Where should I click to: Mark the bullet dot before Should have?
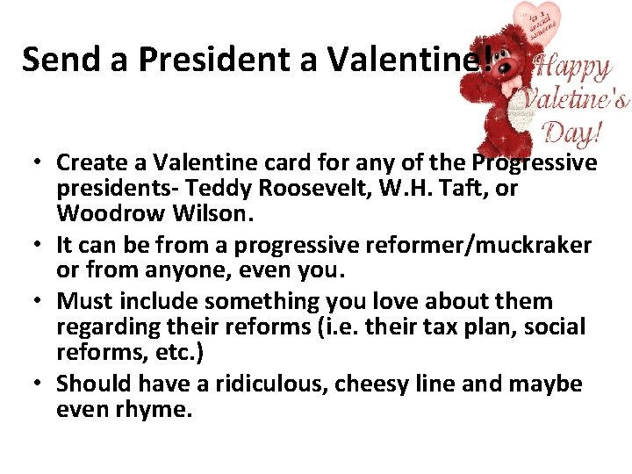(x=40, y=384)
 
